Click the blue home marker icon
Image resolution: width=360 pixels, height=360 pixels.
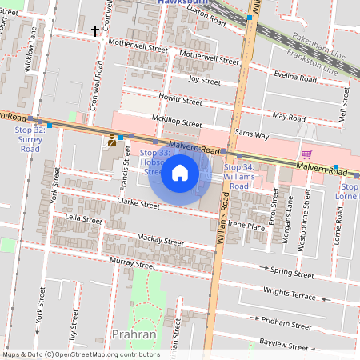(x=180, y=173)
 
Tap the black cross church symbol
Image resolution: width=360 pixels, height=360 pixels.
(x=96, y=31)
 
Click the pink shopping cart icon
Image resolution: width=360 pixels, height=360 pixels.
(x=306, y=154)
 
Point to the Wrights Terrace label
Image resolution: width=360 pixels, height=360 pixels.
(x=290, y=295)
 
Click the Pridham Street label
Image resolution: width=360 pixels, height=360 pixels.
(x=290, y=325)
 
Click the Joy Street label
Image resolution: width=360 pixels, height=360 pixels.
(x=204, y=80)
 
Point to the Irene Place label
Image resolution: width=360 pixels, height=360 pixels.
(x=246, y=226)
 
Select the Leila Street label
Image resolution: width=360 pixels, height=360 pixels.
(x=84, y=218)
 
